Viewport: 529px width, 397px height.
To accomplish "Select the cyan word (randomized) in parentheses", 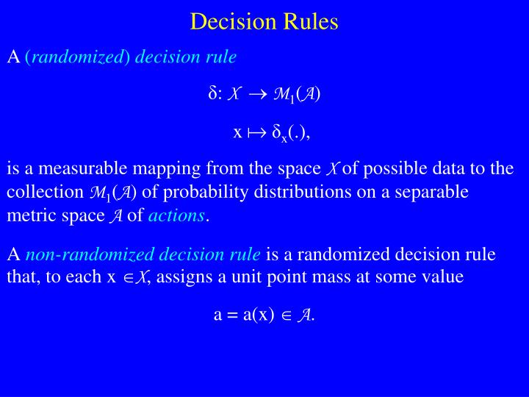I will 77,57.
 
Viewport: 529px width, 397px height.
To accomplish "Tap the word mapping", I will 159,169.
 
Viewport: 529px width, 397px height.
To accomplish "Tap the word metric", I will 27,216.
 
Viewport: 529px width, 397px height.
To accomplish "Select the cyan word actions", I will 176,216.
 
